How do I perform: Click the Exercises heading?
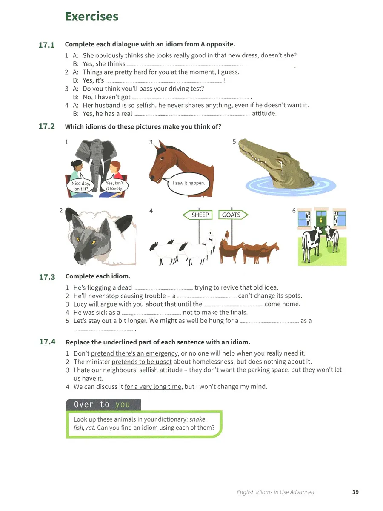tap(91, 17)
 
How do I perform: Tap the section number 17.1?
tap(46, 45)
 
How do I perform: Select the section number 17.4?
tap(47, 342)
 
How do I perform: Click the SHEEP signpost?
tap(197, 215)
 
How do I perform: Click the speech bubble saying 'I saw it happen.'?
tap(189, 184)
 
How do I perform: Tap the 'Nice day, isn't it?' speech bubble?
tap(80, 185)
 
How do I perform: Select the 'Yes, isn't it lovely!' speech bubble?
tap(114, 185)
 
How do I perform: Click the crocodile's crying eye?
tap(279, 161)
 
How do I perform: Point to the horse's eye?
tap(162, 158)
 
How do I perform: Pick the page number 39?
tap(355, 492)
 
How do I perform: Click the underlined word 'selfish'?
tap(149, 370)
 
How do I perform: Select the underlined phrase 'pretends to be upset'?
tap(142, 362)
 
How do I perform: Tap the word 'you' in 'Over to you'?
tap(122, 405)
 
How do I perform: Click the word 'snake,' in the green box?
tap(198, 419)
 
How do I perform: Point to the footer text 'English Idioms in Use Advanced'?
tap(275, 492)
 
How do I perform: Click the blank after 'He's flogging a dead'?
tap(163, 289)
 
